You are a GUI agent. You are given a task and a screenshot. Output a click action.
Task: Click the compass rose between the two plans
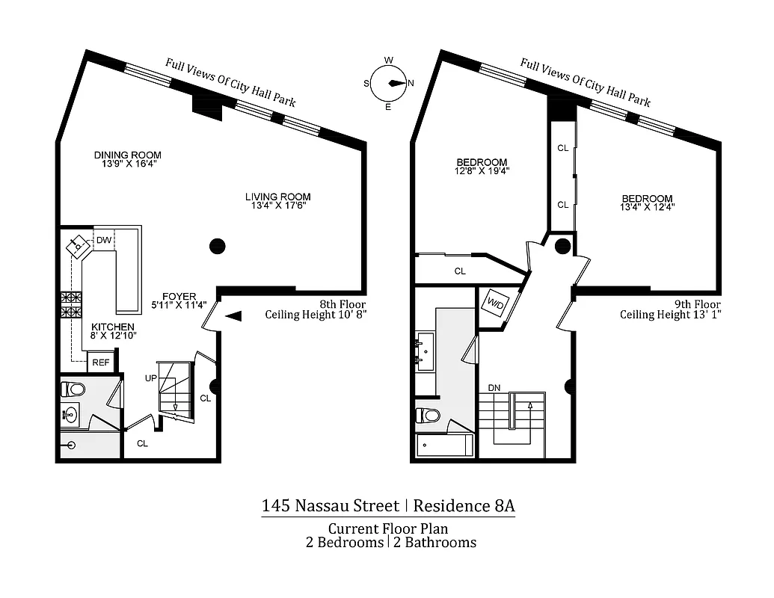(x=388, y=84)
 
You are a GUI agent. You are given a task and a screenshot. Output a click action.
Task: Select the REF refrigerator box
(x=99, y=363)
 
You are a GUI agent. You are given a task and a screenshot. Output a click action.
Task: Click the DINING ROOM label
(x=127, y=155)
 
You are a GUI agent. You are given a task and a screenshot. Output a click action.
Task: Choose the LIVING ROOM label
(x=277, y=197)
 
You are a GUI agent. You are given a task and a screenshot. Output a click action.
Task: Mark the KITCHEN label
(x=113, y=327)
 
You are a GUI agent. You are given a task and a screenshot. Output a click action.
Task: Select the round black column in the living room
(x=217, y=244)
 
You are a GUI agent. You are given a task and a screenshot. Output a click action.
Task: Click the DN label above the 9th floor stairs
(x=494, y=388)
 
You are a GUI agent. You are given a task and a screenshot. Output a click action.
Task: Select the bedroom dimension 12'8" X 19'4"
(x=482, y=171)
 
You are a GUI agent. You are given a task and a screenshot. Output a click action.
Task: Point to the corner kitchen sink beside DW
(x=78, y=246)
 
